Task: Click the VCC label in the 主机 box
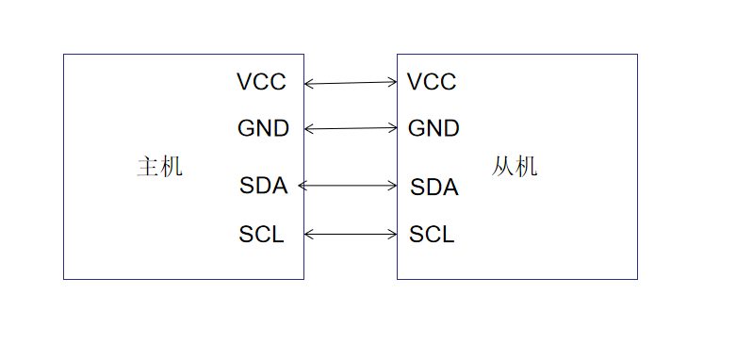click(x=261, y=82)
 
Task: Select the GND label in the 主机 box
click(x=263, y=128)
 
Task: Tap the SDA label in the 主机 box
click(x=263, y=186)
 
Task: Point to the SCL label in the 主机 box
click(x=261, y=235)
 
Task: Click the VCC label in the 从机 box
click(x=432, y=82)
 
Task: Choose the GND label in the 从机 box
click(x=433, y=128)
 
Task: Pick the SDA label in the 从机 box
click(x=433, y=187)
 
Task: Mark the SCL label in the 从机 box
click(x=432, y=235)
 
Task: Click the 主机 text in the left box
click(x=159, y=168)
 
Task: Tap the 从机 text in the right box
click(x=515, y=168)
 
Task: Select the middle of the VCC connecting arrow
click(x=351, y=83)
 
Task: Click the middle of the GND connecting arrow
click(x=351, y=128)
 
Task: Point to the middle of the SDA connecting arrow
click(x=348, y=186)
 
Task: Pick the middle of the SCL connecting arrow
click(x=351, y=234)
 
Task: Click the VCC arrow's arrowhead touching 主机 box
click(x=308, y=84)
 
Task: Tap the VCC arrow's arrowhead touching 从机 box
click(x=394, y=82)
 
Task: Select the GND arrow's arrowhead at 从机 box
click(x=394, y=127)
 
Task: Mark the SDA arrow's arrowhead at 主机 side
click(x=302, y=186)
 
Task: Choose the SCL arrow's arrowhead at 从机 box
click(x=394, y=234)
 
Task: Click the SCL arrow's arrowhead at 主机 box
click(x=308, y=234)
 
